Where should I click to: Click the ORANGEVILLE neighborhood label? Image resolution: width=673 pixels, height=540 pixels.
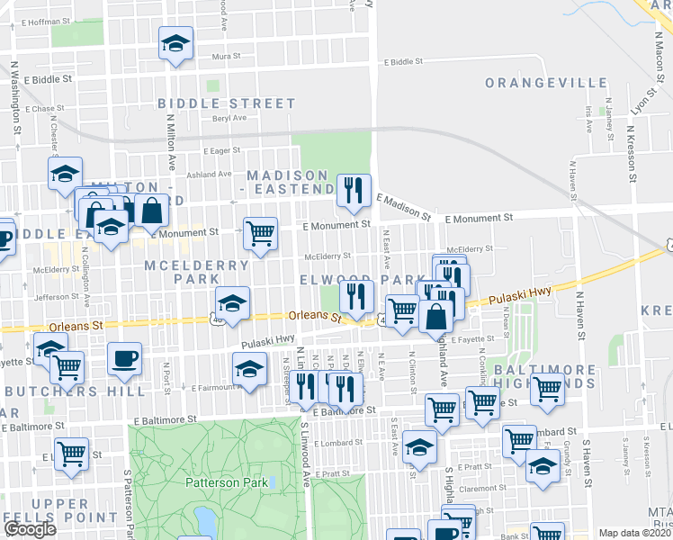click(547, 83)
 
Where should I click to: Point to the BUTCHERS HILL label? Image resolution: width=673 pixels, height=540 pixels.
click(75, 391)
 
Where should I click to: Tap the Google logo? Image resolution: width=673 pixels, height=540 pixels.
click(30, 528)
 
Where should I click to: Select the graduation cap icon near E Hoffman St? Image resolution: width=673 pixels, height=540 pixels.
click(176, 42)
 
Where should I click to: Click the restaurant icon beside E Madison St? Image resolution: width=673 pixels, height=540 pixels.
click(354, 189)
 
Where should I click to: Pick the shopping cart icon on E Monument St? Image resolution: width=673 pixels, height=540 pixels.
click(260, 233)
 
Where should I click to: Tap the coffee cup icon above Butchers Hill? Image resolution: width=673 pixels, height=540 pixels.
click(124, 358)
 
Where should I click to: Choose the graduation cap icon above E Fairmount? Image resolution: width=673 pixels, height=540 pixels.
click(249, 369)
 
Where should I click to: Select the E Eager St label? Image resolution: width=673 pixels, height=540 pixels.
click(222, 151)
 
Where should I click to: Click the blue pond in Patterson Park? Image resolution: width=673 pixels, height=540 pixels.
click(205, 519)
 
